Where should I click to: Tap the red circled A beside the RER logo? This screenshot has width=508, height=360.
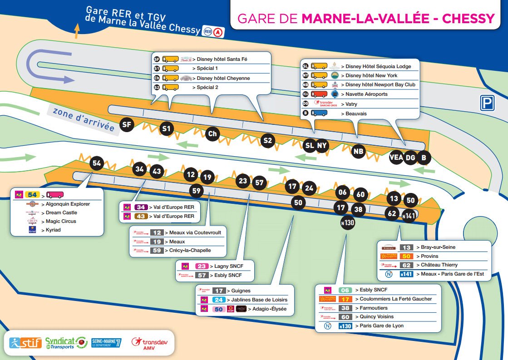tap(219, 32)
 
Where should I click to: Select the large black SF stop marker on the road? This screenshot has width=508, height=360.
tap(128, 124)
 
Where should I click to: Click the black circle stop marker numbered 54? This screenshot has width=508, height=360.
tap(97, 163)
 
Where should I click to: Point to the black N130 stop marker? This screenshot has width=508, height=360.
tap(348, 222)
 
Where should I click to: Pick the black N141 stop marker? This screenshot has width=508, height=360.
tap(409, 216)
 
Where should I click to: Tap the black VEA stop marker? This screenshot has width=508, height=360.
tap(396, 158)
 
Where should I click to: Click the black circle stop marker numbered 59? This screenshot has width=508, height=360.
tap(196, 191)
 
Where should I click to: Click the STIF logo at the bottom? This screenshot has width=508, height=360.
tap(27, 342)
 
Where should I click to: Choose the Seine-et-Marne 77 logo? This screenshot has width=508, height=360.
tap(106, 342)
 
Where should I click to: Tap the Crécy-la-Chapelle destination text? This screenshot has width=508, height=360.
tap(188, 250)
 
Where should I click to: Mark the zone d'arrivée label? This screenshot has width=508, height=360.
tap(83, 119)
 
